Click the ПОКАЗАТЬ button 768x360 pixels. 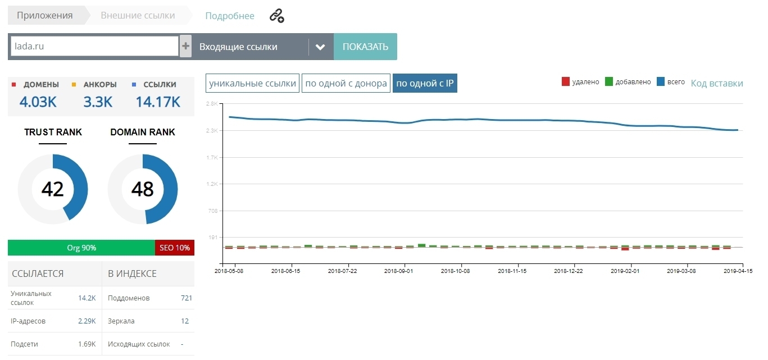pos(365,47)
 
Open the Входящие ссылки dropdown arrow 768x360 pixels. pos(320,47)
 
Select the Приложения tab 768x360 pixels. pos(45,16)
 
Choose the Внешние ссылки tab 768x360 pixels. pos(138,16)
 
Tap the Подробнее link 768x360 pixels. pos(230,16)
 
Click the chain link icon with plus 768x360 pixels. pos(276,16)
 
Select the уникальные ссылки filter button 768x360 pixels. pos(252,84)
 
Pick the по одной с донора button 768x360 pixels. pos(346,84)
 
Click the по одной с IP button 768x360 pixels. pos(425,84)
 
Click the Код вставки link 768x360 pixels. pos(716,84)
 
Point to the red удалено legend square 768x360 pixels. pos(566,82)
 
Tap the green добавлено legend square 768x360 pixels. pos(609,82)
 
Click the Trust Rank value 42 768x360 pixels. pos(53,189)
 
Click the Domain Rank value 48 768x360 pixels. pos(142,189)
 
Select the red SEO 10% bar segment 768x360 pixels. pos(174,248)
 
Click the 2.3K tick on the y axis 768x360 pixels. pos(212,130)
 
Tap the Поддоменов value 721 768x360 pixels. pos(187,298)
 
